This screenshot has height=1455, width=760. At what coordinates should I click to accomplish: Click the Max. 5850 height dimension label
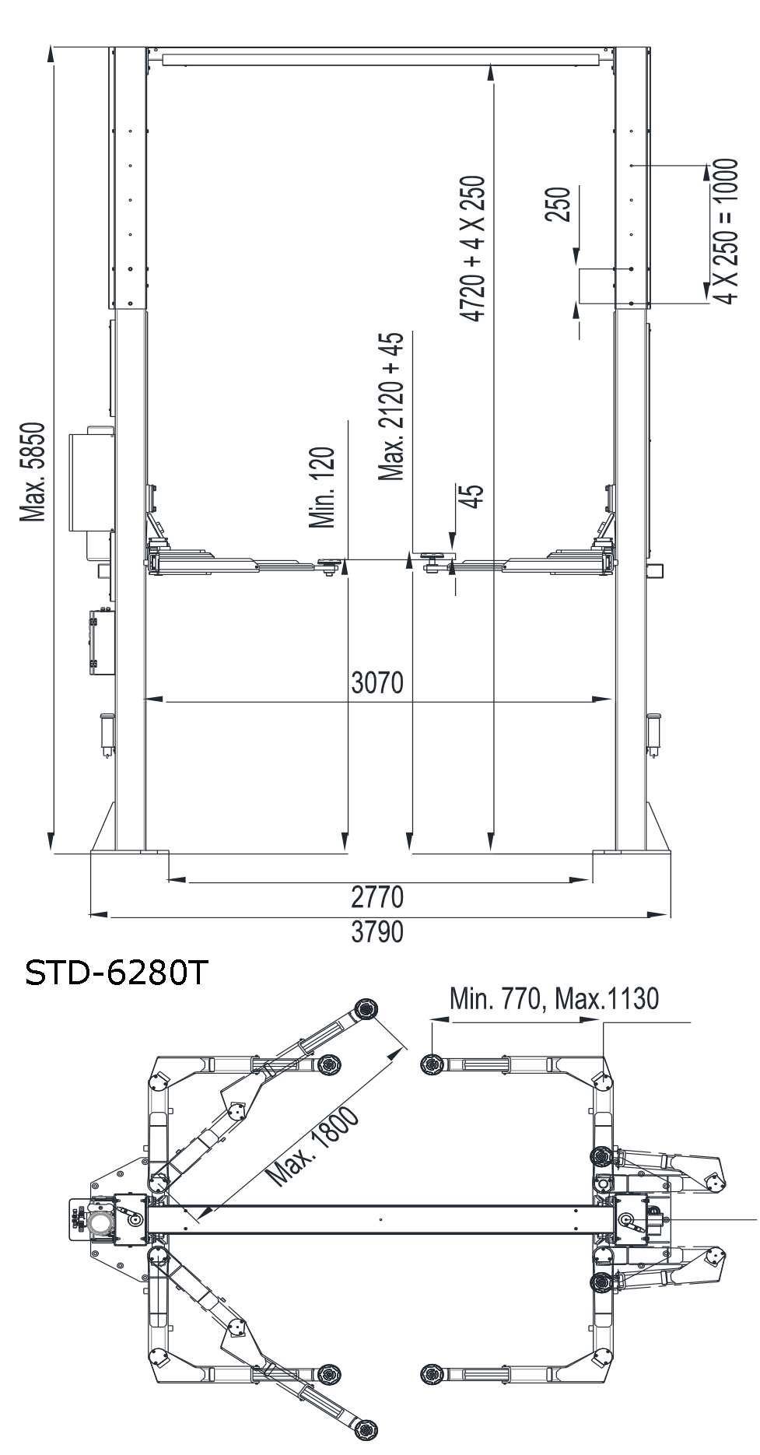pos(34,472)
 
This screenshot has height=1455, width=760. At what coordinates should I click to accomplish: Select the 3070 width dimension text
pos(378,682)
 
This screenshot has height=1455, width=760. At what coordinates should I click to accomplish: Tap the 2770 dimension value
pos(378,897)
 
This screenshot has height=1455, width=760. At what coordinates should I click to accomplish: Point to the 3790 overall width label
pos(378,931)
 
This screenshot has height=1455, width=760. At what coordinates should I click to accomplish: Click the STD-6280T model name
pos(117,973)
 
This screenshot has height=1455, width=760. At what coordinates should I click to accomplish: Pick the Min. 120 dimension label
pos(322,488)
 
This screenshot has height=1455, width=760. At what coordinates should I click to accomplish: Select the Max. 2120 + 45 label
pos(391,406)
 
